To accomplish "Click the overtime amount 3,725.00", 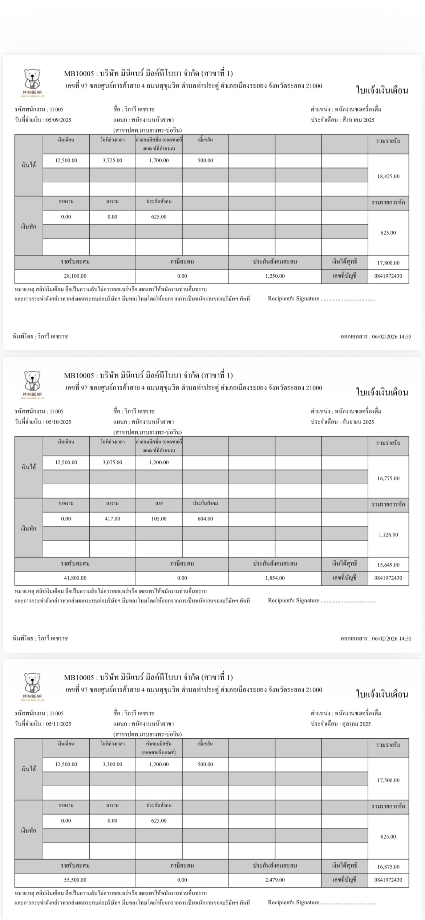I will tap(112, 160).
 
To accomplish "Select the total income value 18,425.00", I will tap(388, 176).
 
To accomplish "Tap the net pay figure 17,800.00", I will tap(388, 263).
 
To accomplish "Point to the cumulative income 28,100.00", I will tap(75, 276).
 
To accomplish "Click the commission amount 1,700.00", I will tap(159, 160).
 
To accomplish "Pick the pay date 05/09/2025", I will tap(59, 120).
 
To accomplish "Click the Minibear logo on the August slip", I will tap(33, 83).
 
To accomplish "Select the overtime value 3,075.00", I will tap(112, 462).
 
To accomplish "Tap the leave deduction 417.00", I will tap(112, 518).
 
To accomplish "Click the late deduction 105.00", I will tap(159, 518).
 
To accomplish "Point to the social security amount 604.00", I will tap(205, 518).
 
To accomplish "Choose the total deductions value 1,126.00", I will tap(388, 534).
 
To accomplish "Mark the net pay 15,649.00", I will tap(388, 565).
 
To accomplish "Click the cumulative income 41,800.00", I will tap(75, 578).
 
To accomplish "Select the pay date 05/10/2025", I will tap(59, 422).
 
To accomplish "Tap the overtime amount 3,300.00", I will tap(112, 764).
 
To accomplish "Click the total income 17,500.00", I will tap(388, 780).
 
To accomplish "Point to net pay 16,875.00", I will tap(388, 867).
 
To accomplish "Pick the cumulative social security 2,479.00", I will tap(275, 880).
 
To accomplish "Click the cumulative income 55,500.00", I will tap(75, 880).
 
